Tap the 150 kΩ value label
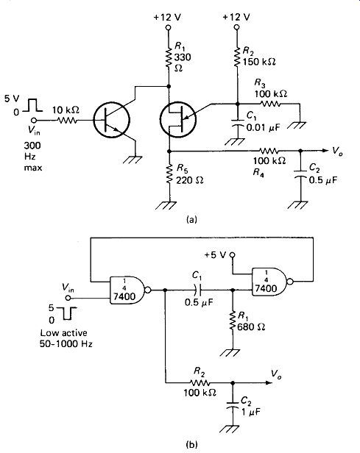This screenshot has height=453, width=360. point(259,62)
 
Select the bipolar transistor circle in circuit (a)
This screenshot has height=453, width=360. point(112,119)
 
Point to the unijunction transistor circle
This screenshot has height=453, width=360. point(178,119)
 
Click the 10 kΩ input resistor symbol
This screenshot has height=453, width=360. point(67,120)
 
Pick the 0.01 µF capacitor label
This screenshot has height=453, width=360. point(263,127)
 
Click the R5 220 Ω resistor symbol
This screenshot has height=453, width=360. point(169,174)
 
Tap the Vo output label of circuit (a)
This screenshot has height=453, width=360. point(337,151)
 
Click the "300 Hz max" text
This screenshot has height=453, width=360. point(32,157)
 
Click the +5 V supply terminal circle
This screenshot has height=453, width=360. point(232,254)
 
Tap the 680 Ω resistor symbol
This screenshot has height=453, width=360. point(233,321)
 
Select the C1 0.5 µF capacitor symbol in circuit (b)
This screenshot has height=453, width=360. point(198,290)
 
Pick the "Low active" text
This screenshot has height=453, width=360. point(63,333)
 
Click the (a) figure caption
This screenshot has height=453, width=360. point(191,219)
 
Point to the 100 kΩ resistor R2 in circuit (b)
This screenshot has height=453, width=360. point(200,383)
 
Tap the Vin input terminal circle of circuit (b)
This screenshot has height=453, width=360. point(68,298)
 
